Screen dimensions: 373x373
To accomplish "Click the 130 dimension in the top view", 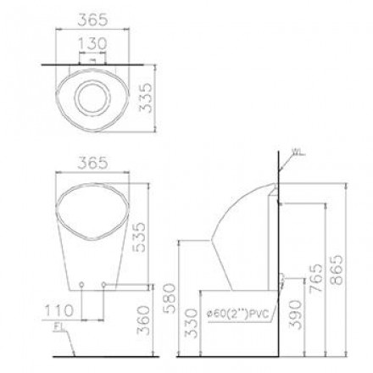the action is [92, 44].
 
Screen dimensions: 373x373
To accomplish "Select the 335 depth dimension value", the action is [147, 97].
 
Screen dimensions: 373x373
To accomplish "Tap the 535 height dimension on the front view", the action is [139, 237].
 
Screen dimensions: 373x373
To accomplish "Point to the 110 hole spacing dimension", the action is [59, 310].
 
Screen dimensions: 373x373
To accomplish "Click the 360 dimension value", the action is [143, 320].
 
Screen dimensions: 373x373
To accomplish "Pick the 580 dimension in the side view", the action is [170, 298].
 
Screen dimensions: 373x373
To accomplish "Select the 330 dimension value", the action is [191, 323].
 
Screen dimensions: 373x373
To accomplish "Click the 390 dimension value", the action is [296, 315].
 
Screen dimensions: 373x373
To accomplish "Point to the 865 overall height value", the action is [337, 270].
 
